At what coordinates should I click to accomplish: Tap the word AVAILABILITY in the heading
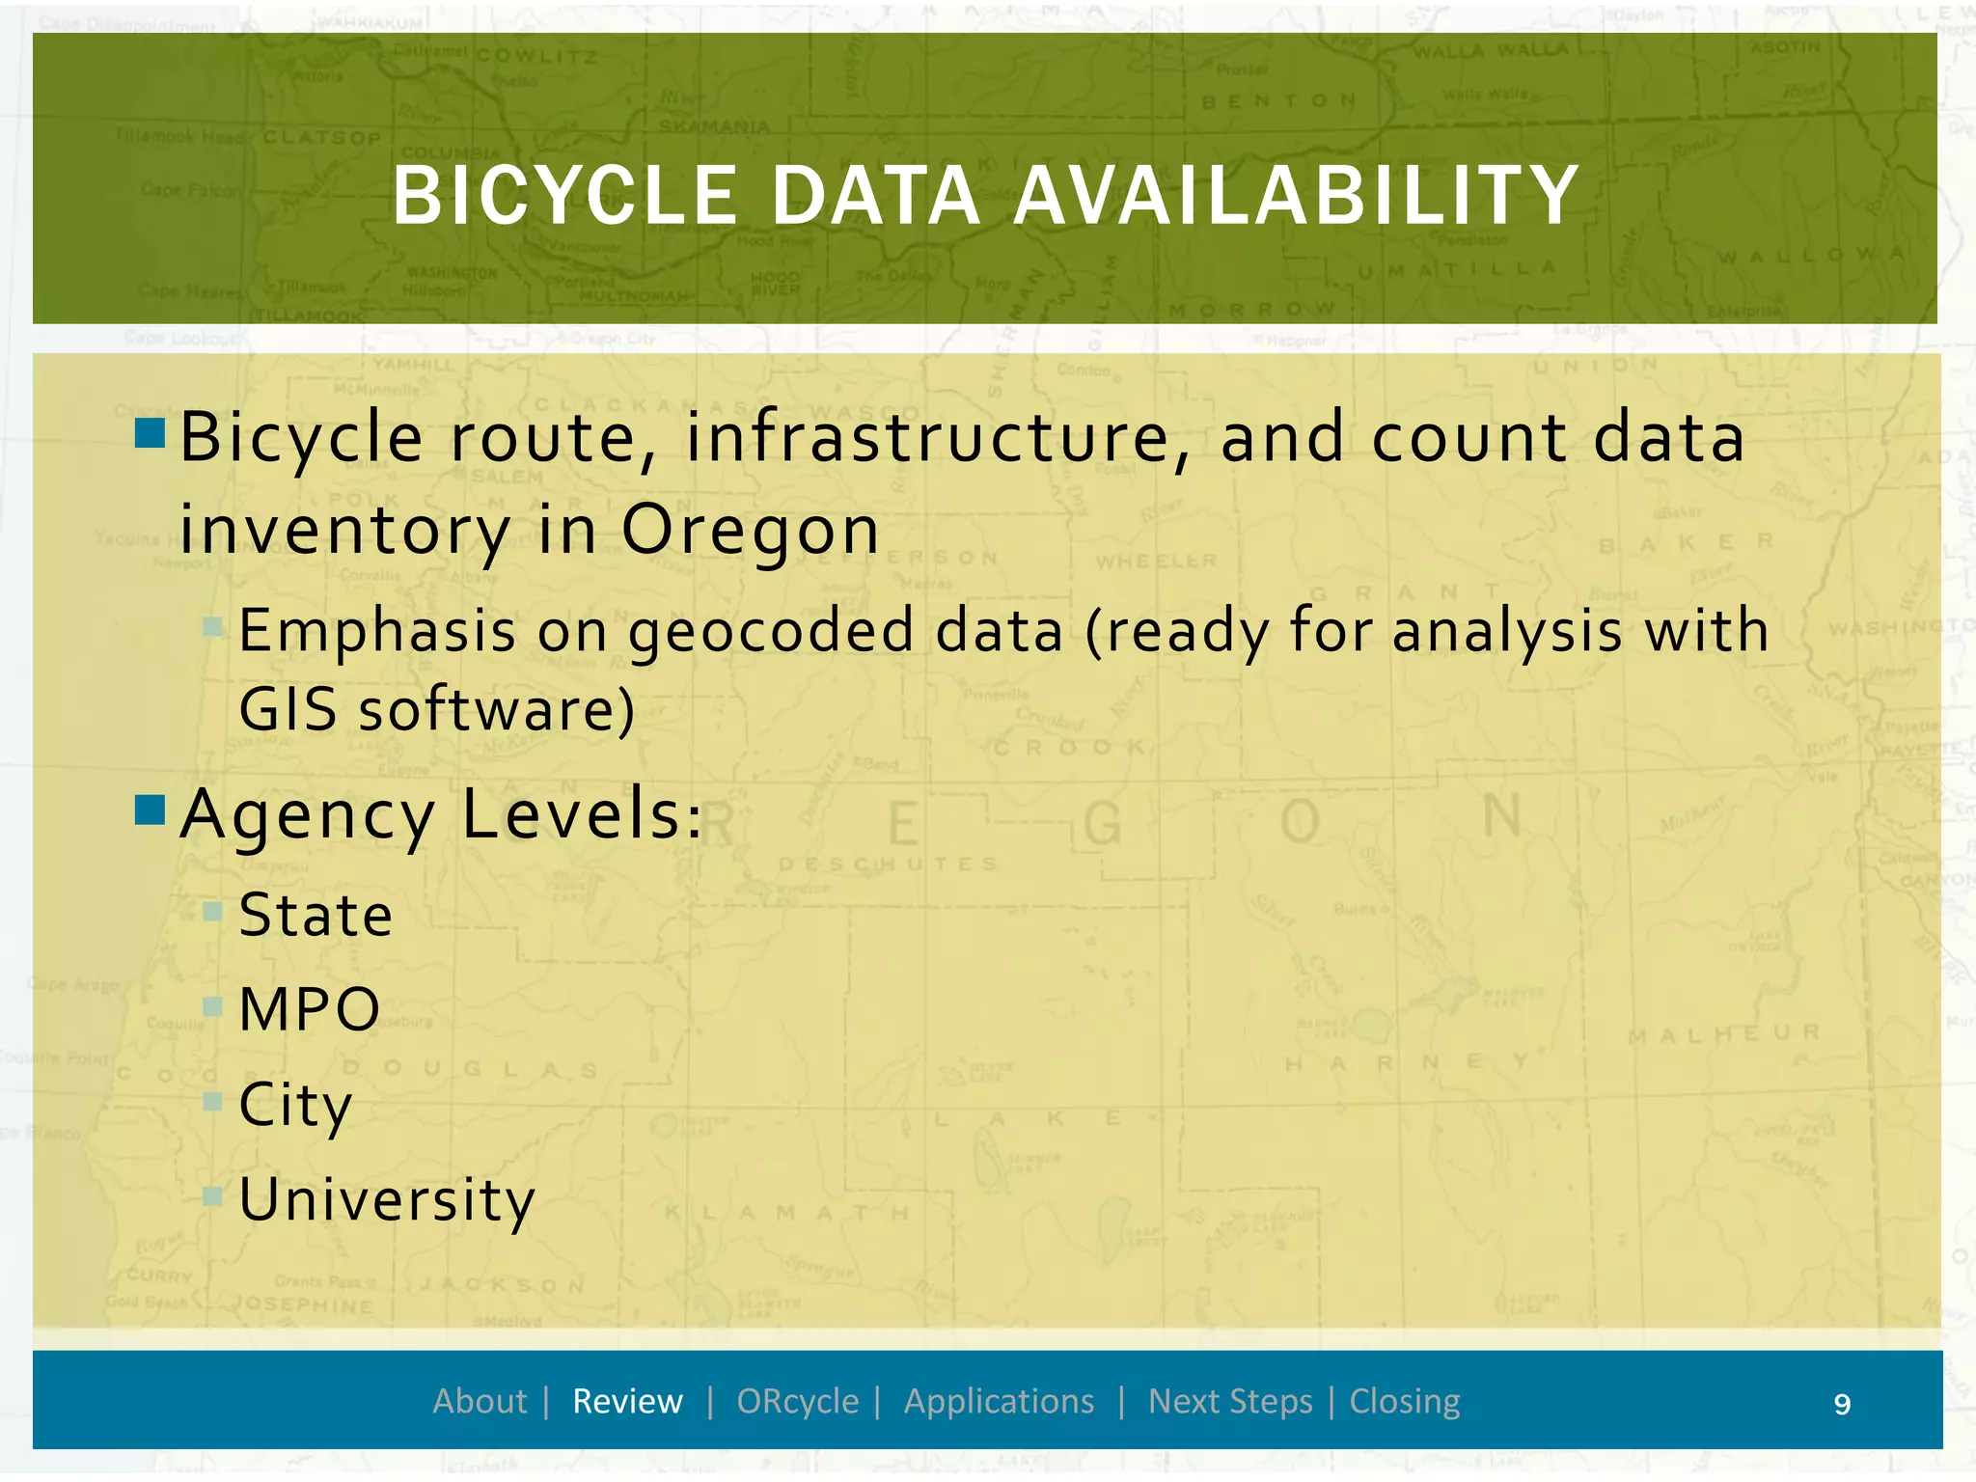click(1296, 196)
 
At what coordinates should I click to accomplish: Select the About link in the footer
click(480, 1401)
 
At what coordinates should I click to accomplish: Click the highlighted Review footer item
click(627, 1401)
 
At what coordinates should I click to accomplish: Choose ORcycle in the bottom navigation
click(797, 1401)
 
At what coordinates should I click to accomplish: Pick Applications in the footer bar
click(999, 1401)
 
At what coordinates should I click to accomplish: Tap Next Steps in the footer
click(1230, 1401)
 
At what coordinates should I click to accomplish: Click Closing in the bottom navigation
click(1404, 1401)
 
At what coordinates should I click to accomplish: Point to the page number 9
click(1842, 1404)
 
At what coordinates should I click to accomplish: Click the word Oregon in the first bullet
click(750, 531)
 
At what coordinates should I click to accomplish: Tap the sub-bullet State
click(316, 915)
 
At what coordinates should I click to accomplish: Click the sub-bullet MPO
click(309, 1009)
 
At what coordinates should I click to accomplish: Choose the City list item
click(295, 1105)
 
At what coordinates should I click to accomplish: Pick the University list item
click(386, 1199)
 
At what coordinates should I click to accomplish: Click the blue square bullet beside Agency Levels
click(151, 810)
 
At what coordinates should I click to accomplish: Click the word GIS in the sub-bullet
click(287, 710)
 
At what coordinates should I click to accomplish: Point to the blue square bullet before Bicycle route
click(151, 433)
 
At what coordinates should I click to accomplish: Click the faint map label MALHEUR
click(1723, 1034)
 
